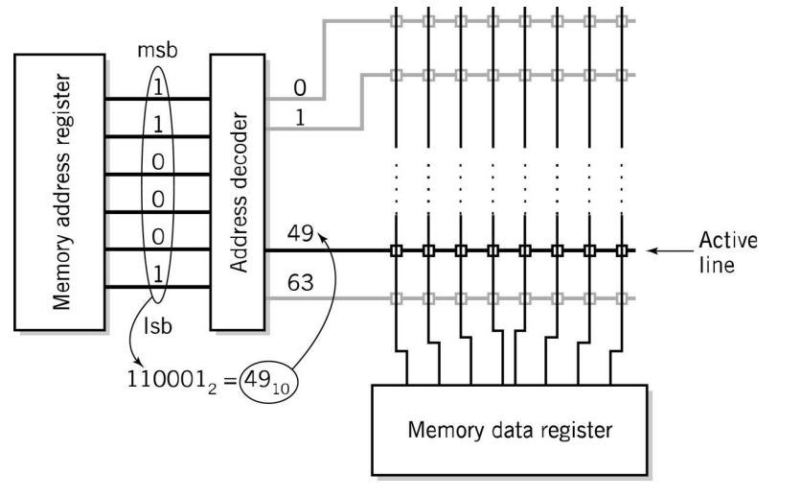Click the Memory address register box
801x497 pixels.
coord(59,180)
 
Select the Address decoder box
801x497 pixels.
coord(237,180)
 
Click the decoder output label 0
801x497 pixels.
coord(299,88)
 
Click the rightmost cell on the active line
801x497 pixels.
coord(622,251)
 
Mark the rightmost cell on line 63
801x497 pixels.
coord(622,298)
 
